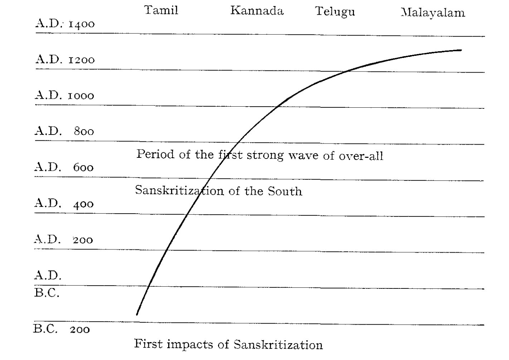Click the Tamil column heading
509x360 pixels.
coord(161,10)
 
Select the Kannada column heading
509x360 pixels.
coord(257,11)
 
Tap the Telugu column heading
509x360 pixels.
coord(335,12)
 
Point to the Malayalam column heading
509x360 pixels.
coord(432,13)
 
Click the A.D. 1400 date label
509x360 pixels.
coord(65,24)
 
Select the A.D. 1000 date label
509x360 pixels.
coord(64,95)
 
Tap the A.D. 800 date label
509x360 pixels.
coord(64,131)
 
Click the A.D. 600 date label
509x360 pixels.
coord(64,167)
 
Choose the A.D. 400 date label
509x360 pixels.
coord(64,204)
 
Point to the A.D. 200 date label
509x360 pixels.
coord(64,239)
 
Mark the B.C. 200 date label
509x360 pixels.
coord(62,329)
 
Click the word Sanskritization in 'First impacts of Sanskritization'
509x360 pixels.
coord(278,345)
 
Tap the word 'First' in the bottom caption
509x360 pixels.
coord(149,344)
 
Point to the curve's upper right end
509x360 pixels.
coord(461,50)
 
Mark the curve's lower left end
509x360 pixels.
coord(137,314)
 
